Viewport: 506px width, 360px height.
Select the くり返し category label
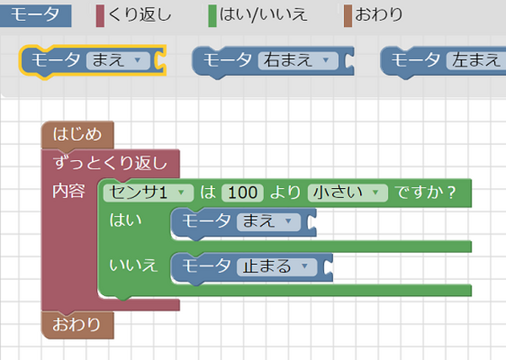tap(138, 14)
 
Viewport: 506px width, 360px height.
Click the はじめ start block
tap(77, 133)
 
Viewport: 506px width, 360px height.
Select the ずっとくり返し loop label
tap(110, 163)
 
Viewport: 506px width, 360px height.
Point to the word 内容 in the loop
tap(68, 191)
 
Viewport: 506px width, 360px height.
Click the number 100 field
tap(242, 192)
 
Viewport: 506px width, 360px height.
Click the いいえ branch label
tap(133, 266)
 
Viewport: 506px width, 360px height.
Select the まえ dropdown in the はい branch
tap(268, 222)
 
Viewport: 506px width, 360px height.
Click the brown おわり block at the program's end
tap(77, 324)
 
